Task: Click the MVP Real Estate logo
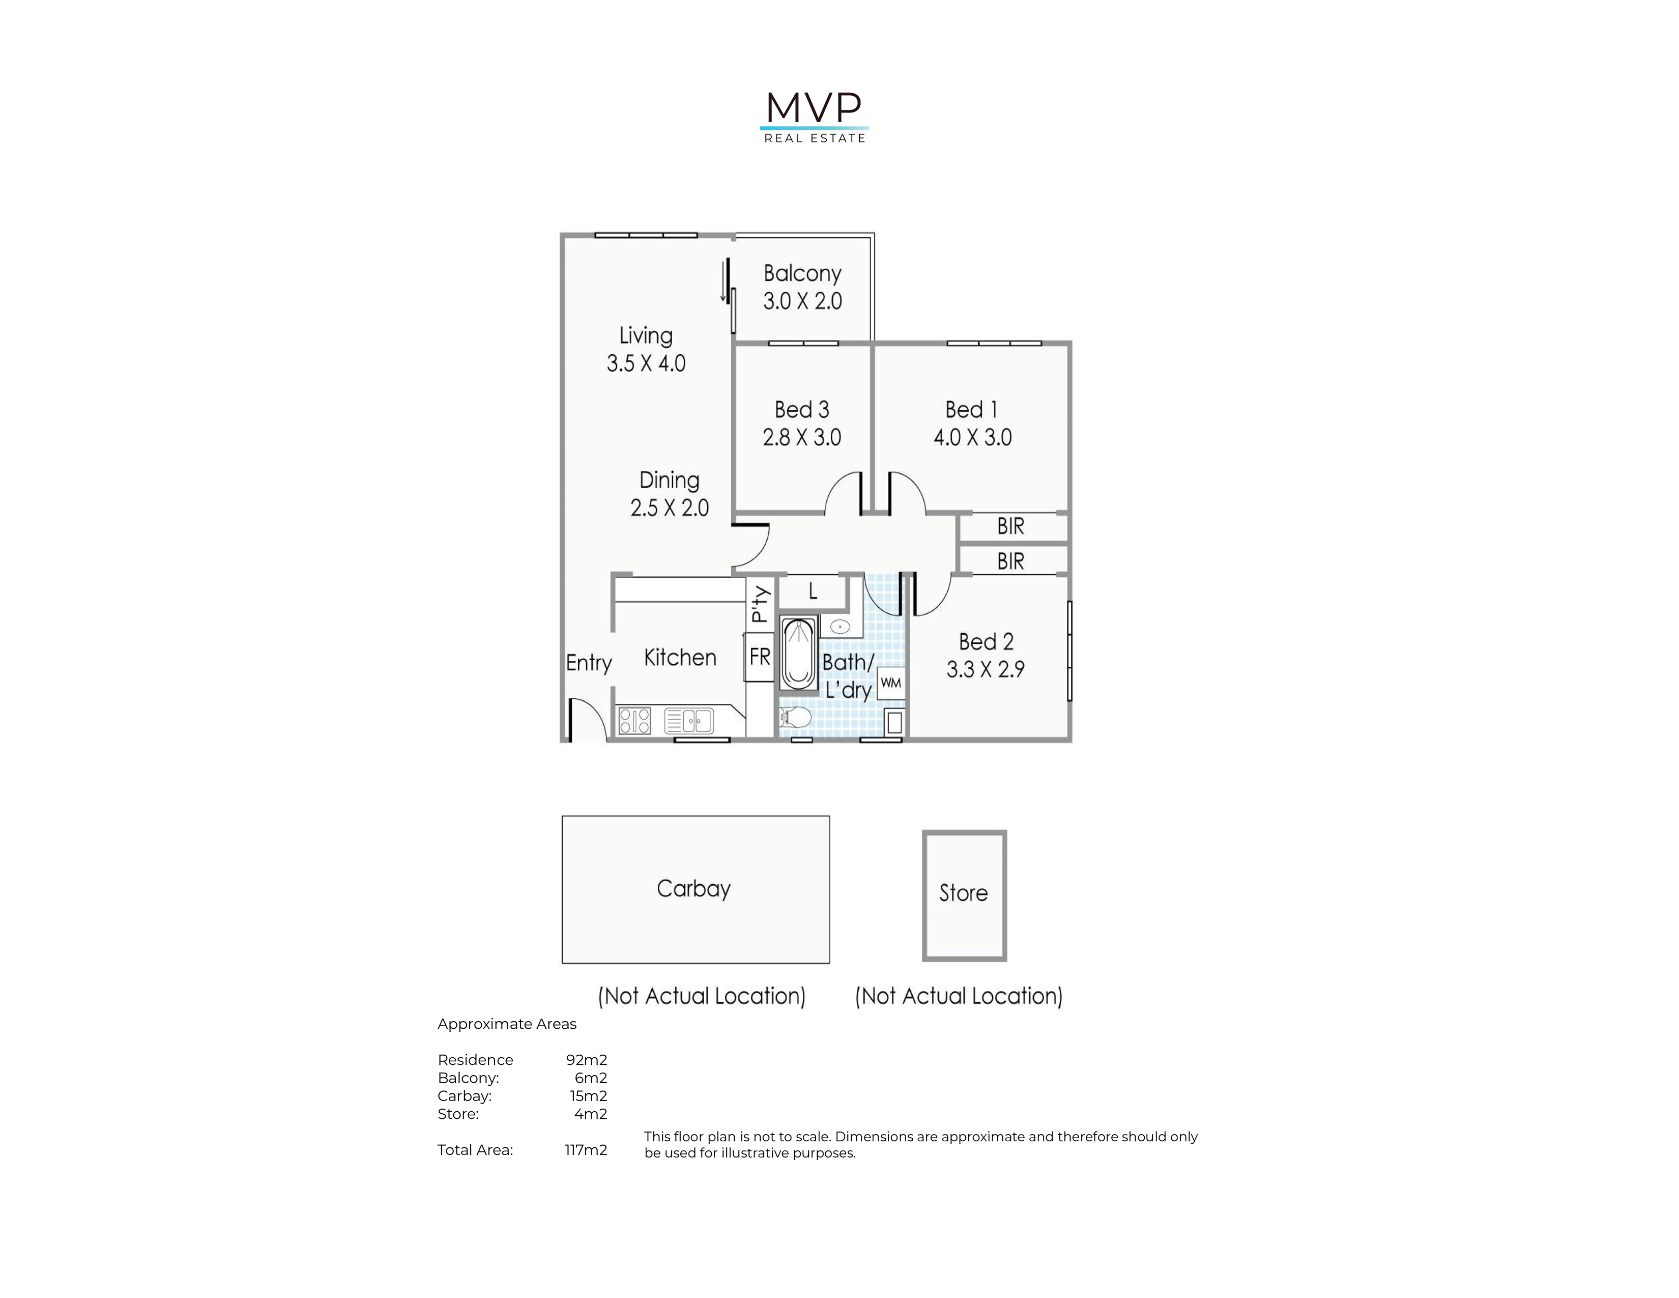(814, 118)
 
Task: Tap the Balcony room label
(802, 274)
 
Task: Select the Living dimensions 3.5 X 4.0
(646, 363)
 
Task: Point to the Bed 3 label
(802, 409)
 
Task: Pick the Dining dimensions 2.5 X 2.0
(670, 507)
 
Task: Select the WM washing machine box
(891, 683)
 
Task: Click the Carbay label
(693, 889)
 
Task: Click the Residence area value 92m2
(587, 1060)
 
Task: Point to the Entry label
(589, 663)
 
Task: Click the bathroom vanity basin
(839, 626)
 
